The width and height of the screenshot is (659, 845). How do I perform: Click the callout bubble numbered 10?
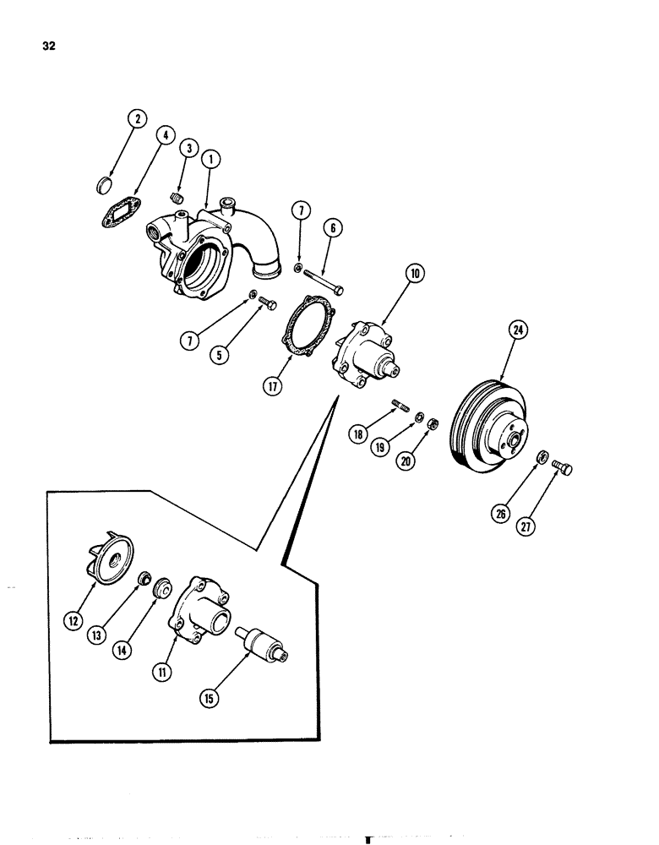[x=416, y=274]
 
